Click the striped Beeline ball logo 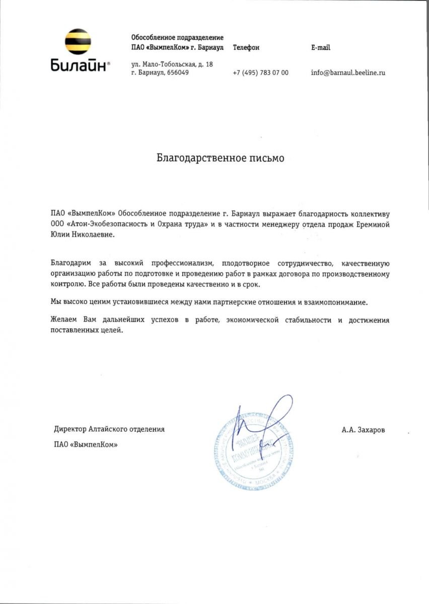click(78, 42)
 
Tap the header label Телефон click(246, 48)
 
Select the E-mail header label click(321, 48)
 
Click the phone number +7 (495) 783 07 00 click(261, 72)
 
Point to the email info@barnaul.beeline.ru click(348, 72)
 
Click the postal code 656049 click(178, 72)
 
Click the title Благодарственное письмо click(220, 158)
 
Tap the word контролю click(64, 284)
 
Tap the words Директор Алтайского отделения click(109, 429)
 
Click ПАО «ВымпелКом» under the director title click(82, 444)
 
